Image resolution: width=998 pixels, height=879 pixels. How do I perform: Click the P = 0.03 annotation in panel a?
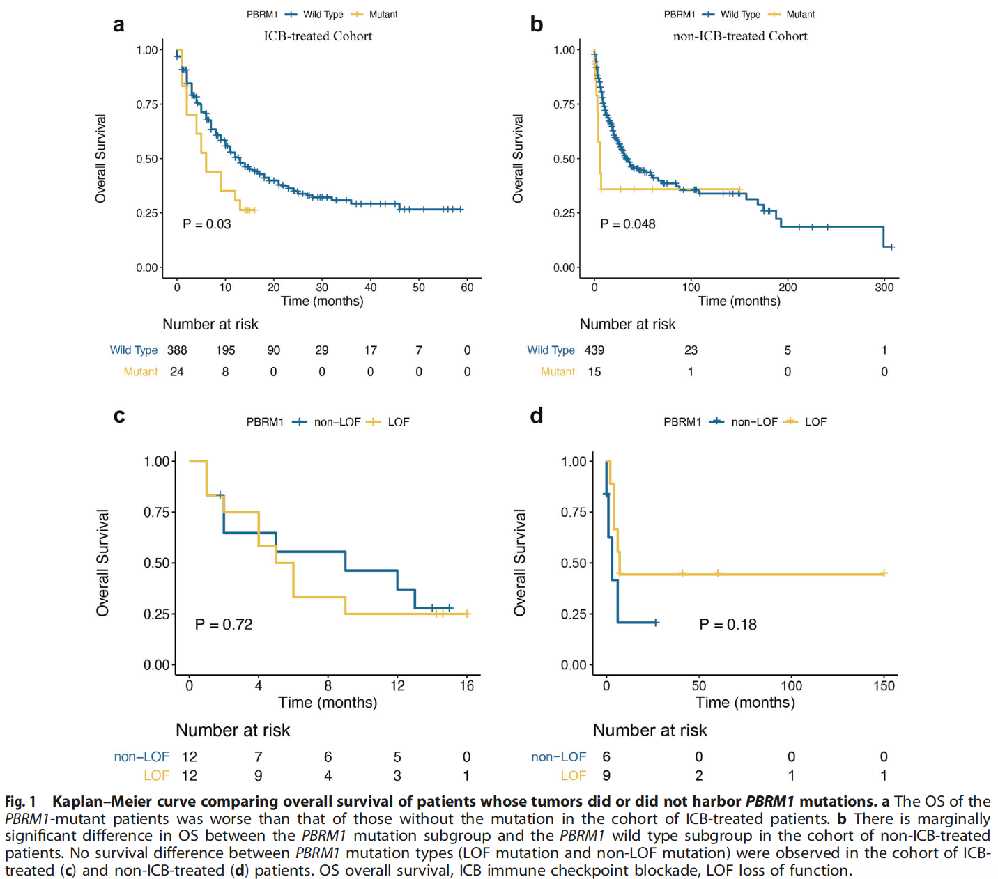click(x=206, y=224)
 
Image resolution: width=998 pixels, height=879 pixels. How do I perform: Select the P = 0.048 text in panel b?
click(x=627, y=224)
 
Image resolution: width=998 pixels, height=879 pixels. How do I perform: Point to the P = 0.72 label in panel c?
click(x=223, y=625)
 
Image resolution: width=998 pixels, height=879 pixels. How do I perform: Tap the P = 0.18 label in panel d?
click(x=728, y=625)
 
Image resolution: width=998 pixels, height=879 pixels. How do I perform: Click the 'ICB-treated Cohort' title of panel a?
click(x=318, y=36)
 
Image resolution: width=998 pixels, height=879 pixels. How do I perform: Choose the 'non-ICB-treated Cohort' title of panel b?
click(x=739, y=36)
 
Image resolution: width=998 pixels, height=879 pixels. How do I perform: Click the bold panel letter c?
click(x=119, y=416)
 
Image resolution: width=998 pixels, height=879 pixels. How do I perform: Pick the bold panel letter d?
click(x=536, y=416)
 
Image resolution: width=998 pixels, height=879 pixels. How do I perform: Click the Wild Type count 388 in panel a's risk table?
click(x=177, y=350)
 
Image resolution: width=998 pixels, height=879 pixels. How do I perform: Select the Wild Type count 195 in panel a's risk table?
click(x=225, y=350)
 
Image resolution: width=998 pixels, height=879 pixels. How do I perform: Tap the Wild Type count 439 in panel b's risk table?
click(x=594, y=350)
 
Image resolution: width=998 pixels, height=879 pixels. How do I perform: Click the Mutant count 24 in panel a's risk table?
click(x=177, y=372)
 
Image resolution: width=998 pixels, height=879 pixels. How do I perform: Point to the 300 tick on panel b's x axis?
click(x=884, y=287)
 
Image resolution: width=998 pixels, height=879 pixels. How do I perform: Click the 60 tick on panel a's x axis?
click(x=467, y=287)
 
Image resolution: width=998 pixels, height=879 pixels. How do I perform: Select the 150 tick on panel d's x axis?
click(x=884, y=686)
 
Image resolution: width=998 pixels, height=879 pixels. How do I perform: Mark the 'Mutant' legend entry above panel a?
click(x=383, y=15)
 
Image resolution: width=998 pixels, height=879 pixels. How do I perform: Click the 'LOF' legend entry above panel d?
click(x=815, y=422)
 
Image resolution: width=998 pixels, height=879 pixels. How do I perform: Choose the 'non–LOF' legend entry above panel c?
click(x=337, y=422)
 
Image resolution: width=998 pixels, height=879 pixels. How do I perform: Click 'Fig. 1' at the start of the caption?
click(x=20, y=802)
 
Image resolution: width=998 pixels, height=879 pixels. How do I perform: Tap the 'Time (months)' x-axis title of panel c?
click(x=328, y=702)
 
